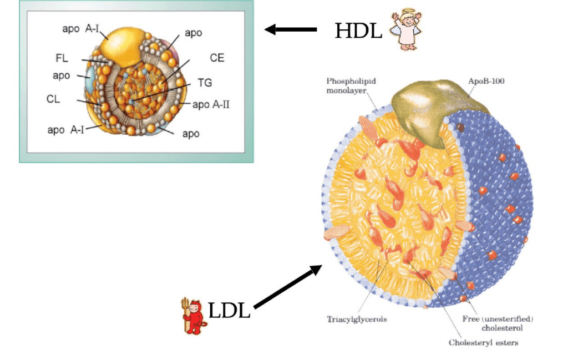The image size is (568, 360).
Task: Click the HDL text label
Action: [x=358, y=31]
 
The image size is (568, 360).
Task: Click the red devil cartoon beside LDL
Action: [x=194, y=318]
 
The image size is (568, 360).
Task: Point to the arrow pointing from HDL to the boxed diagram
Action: [x=290, y=29]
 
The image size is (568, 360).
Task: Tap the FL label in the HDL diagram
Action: [x=62, y=58]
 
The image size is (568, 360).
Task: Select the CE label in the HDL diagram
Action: [x=217, y=58]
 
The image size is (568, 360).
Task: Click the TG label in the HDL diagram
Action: [x=205, y=83]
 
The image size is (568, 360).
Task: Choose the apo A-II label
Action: [x=210, y=104]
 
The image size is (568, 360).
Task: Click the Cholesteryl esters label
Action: [x=483, y=342]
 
